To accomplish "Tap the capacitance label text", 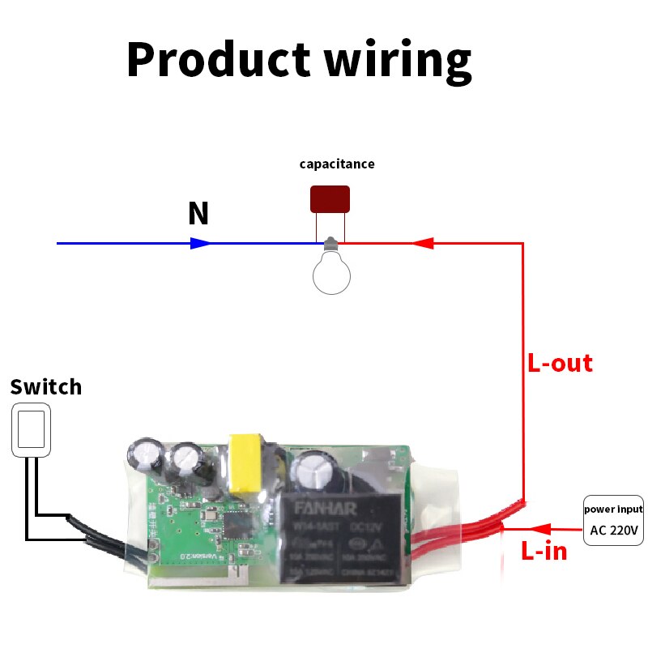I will coord(337,164).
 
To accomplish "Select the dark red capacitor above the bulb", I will coord(330,199).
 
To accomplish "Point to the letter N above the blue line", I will coord(198,214).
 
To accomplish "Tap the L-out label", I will coord(560,363).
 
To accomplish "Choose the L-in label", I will coord(544,552).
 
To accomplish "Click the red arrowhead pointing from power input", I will coord(538,531).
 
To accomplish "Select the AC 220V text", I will coord(613,532).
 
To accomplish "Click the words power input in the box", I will coord(613,509).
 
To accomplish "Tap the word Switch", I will coord(46,386).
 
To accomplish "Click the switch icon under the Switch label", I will coord(32,429).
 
